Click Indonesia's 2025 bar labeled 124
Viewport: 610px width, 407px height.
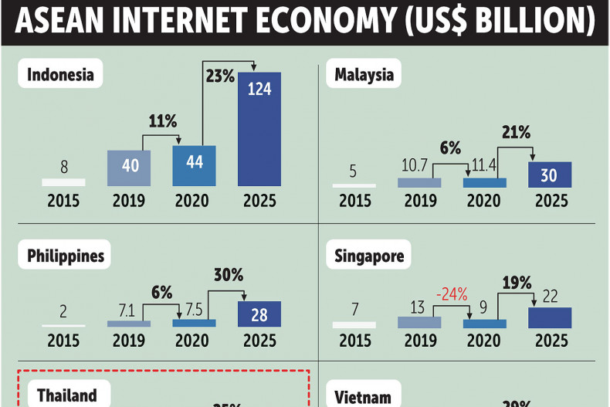coord(259,129)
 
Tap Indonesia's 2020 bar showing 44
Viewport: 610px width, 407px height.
coord(194,166)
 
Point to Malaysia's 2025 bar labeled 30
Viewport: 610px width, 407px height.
coord(549,175)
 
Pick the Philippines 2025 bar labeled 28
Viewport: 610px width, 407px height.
coord(259,314)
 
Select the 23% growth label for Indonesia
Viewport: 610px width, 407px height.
coord(219,76)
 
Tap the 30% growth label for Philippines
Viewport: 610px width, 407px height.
coord(228,275)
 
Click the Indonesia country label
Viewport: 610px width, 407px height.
coord(60,75)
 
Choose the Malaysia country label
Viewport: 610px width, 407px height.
coord(364,75)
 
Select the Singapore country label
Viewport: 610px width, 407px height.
coord(369,256)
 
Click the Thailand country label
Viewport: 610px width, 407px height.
coord(67,395)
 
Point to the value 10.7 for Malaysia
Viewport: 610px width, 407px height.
coord(419,166)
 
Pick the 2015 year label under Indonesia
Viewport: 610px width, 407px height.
coord(64,201)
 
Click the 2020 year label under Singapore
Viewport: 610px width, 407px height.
coord(484,341)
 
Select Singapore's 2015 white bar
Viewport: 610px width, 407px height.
coord(354,324)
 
